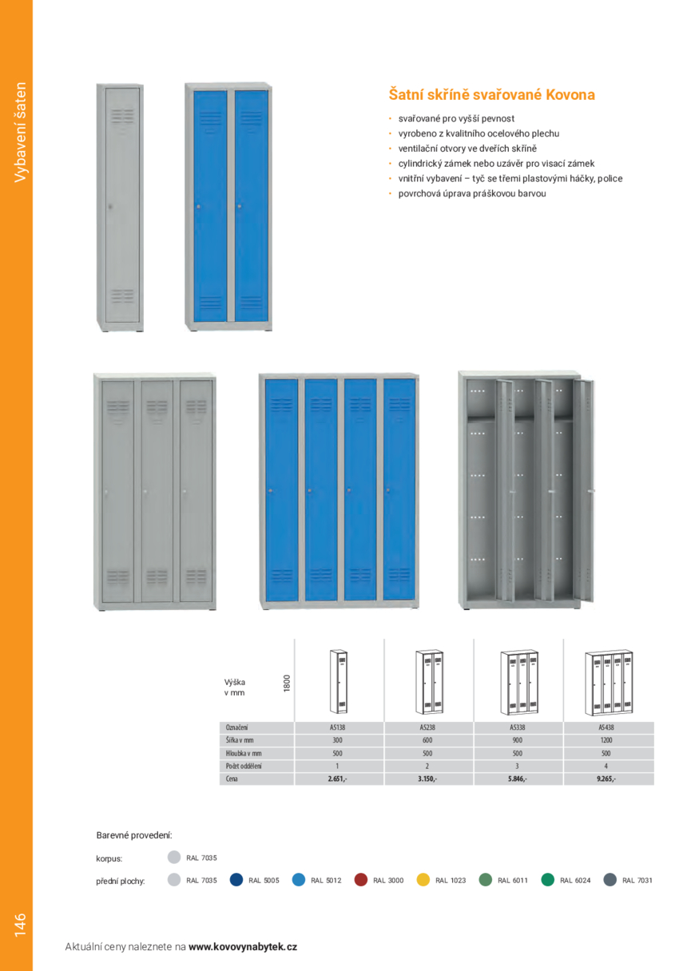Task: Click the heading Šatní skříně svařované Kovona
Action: pyautogui.click(x=491, y=95)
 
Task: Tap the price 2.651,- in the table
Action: pyautogui.click(x=337, y=779)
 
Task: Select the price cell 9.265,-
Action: pyautogui.click(x=606, y=779)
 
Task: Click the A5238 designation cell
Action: pyautogui.click(x=427, y=727)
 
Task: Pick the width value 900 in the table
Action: pyautogui.click(x=517, y=740)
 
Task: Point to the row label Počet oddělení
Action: pyautogui.click(x=244, y=766)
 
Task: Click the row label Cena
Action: pyautogui.click(x=232, y=779)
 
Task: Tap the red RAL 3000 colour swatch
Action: pyautogui.click(x=360, y=880)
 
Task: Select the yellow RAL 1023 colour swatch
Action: pyautogui.click(x=423, y=880)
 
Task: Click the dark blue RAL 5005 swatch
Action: pyautogui.click(x=236, y=880)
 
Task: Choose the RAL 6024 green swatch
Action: pyautogui.click(x=548, y=880)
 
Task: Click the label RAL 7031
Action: pyautogui.click(x=637, y=881)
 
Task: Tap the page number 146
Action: pyautogui.click(x=20, y=924)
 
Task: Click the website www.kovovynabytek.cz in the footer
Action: pyautogui.click(x=243, y=946)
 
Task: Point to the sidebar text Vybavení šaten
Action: pyautogui.click(x=20, y=132)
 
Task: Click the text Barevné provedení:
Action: pyautogui.click(x=134, y=835)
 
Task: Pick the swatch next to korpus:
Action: pyautogui.click(x=174, y=858)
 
